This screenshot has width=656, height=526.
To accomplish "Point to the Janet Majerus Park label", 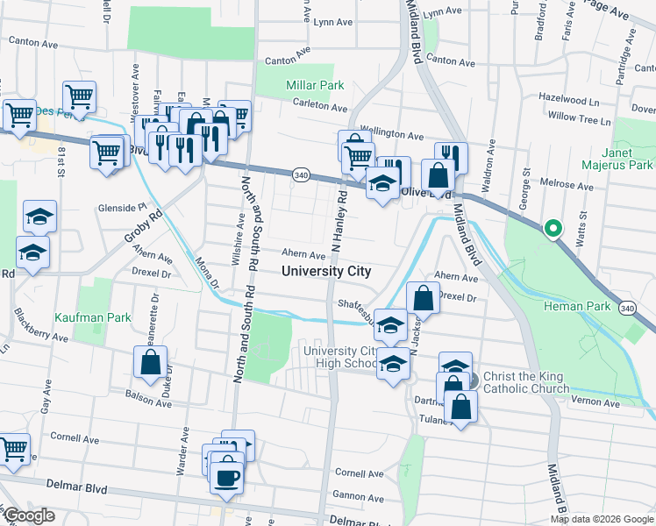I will pos(617,159).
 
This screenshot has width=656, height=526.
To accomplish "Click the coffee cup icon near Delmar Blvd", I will pos(227,478).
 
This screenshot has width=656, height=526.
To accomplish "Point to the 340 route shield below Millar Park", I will pos(300,175).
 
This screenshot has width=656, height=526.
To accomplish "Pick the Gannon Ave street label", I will pos(358,496).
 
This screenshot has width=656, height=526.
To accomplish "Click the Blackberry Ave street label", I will pos(42,337).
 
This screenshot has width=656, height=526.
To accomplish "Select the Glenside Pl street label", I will pos(120,208).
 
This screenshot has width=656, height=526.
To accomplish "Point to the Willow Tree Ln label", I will pos(578,117).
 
